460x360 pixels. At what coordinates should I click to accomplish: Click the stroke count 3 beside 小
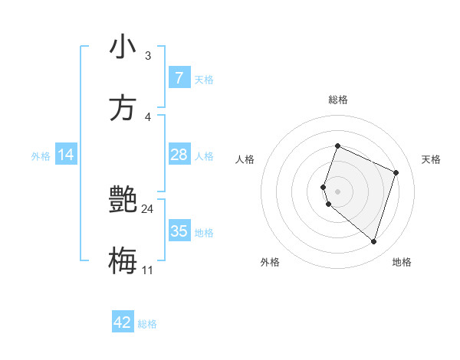[147, 56]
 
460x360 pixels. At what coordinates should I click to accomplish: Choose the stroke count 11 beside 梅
[147, 270]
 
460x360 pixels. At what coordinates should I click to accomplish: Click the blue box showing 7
[179, 77]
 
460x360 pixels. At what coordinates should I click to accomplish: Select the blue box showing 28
[179, 155]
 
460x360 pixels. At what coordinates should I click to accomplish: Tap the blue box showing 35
[179, 231]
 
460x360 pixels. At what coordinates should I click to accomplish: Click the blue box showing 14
[66, 155]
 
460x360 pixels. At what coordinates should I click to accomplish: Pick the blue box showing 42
[123, 322]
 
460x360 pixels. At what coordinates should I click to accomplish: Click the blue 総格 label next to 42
[147, 324]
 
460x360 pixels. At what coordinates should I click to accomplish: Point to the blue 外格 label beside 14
[41, 156]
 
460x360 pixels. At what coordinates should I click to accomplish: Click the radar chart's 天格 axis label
[431, 159]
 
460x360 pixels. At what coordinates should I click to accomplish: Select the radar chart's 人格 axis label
[245, 159]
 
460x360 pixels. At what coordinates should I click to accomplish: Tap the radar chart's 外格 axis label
[270, 262]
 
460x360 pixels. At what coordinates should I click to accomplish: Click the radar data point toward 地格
[373, 242]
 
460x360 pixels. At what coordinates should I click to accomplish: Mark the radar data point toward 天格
[396, 172]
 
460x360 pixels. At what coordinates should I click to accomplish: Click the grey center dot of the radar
[337, 191]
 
